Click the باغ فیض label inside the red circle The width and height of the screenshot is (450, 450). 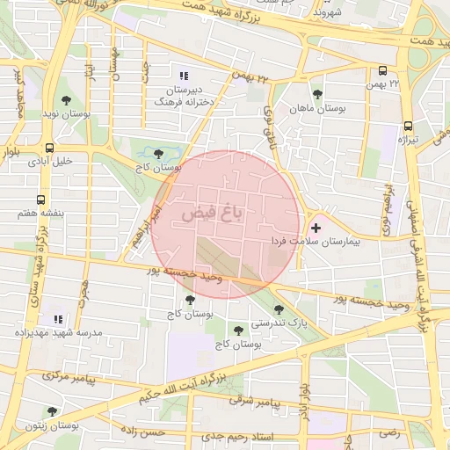click(x=212, y=213)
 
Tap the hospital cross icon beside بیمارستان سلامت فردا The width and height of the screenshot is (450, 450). click(x=316, y=228)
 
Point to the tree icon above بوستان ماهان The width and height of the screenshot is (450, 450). click(x=317, y=93)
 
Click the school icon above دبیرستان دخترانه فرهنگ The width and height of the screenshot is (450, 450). click(x=184, y=76)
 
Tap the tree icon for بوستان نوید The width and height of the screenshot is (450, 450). click(x=67, y=100)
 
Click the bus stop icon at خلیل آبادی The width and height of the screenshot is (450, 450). click(x=49, y=149)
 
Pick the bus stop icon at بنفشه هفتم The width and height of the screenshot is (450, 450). click(x=40, y=200)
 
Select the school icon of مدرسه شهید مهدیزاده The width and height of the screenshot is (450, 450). click(x=58, y=319)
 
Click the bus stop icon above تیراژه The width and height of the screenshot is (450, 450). click(x=407, y=126)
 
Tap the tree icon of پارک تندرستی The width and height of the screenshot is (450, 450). click(x=279, y=308)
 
